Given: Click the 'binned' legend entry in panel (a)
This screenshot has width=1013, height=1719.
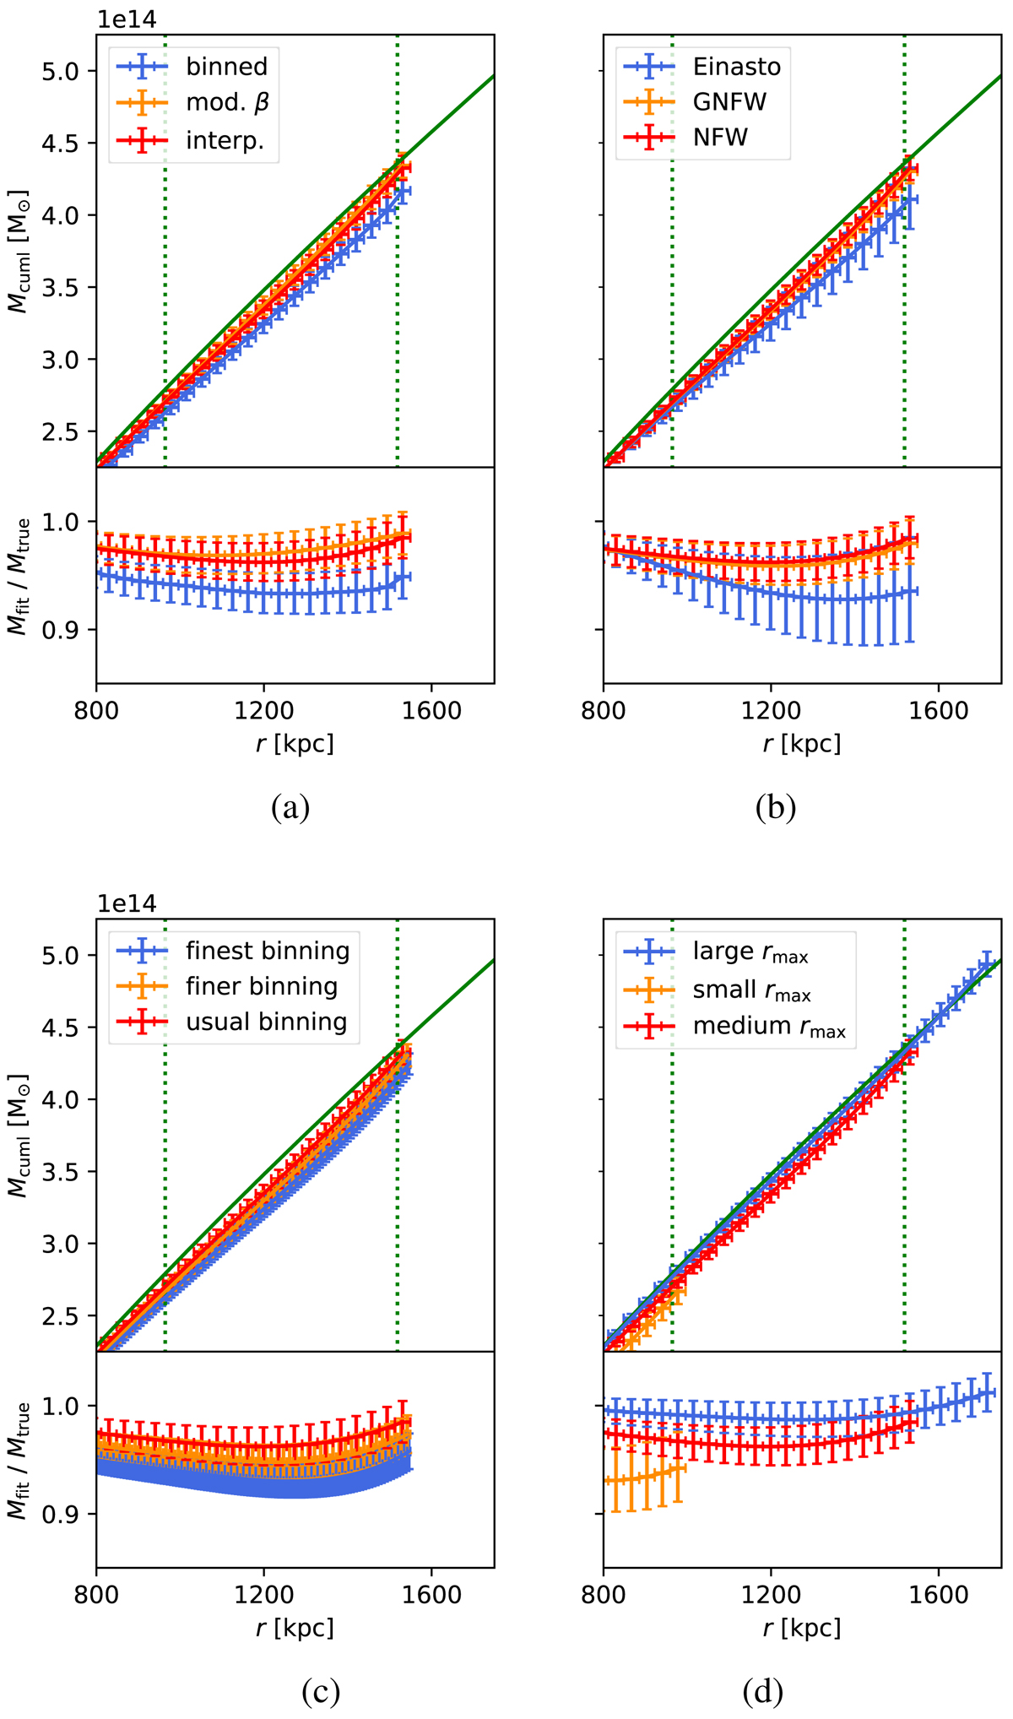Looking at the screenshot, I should [x=226, y=67].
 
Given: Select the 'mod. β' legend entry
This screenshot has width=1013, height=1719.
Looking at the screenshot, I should [x=226, y=102].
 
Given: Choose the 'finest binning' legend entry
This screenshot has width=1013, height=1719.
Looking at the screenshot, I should [x=268, y=951].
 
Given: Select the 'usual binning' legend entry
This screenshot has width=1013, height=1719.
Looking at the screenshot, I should [x=267, y=1022].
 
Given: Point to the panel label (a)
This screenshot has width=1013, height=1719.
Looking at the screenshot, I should [x=290, y=808].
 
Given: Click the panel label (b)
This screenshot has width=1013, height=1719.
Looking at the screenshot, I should [x=776, y=808].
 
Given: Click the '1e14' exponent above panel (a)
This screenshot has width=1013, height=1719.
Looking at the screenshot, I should [x=127, y=18].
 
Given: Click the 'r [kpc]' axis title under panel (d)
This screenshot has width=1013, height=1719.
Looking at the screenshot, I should [x=801, y=1627].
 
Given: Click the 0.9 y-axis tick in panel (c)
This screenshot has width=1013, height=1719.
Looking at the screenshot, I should [x=65, y=1515].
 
